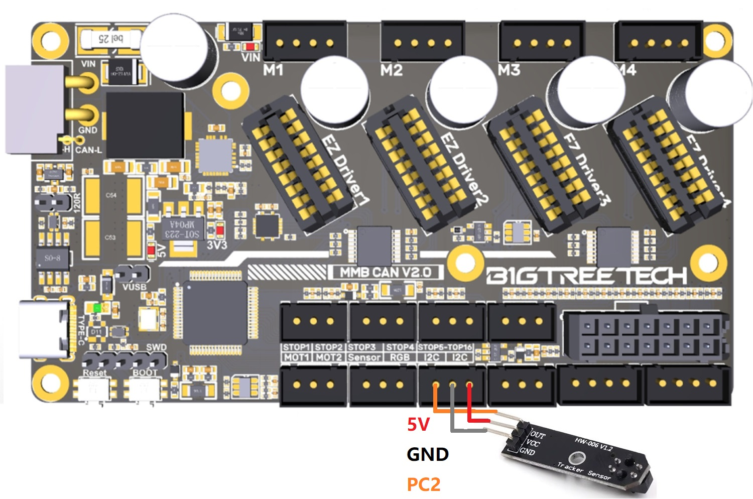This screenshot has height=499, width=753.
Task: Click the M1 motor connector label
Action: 273,70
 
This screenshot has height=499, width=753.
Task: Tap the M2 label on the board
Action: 392,70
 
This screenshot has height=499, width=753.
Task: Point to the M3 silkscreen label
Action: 509,70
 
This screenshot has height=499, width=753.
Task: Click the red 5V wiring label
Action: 418,425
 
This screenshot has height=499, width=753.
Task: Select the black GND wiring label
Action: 428,454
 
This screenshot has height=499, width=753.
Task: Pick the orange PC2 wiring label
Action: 424,484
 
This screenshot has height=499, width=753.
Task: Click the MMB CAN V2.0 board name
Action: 386,273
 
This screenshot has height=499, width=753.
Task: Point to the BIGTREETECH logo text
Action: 586,276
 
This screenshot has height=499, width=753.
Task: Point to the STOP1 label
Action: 296,347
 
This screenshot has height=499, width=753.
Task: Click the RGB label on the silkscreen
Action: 400,357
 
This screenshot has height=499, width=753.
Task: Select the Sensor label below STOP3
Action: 364,357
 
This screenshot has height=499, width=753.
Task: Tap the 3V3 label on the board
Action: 217,245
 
